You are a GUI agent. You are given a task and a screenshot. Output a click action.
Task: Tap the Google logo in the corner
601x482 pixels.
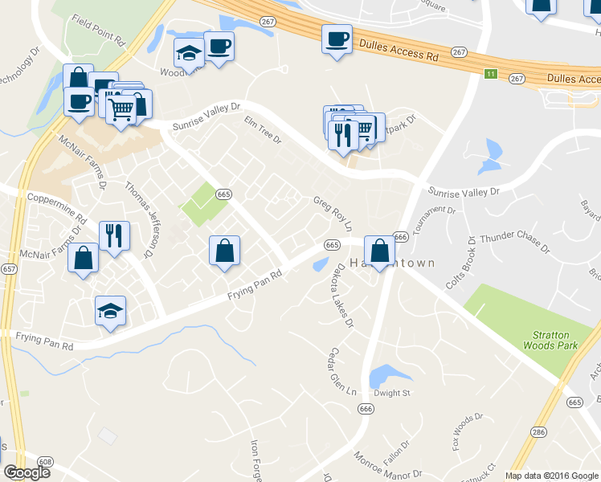point(27,472)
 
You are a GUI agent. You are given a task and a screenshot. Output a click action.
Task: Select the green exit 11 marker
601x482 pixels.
point(490,74)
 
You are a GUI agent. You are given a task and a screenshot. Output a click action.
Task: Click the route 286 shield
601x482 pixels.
point(539,432)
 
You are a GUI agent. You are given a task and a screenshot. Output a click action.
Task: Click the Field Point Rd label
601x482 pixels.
point(98,29)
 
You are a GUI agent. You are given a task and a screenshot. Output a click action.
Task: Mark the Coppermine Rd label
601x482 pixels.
point(56,206)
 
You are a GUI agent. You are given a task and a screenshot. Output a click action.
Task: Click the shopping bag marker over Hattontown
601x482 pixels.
point(379,251)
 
